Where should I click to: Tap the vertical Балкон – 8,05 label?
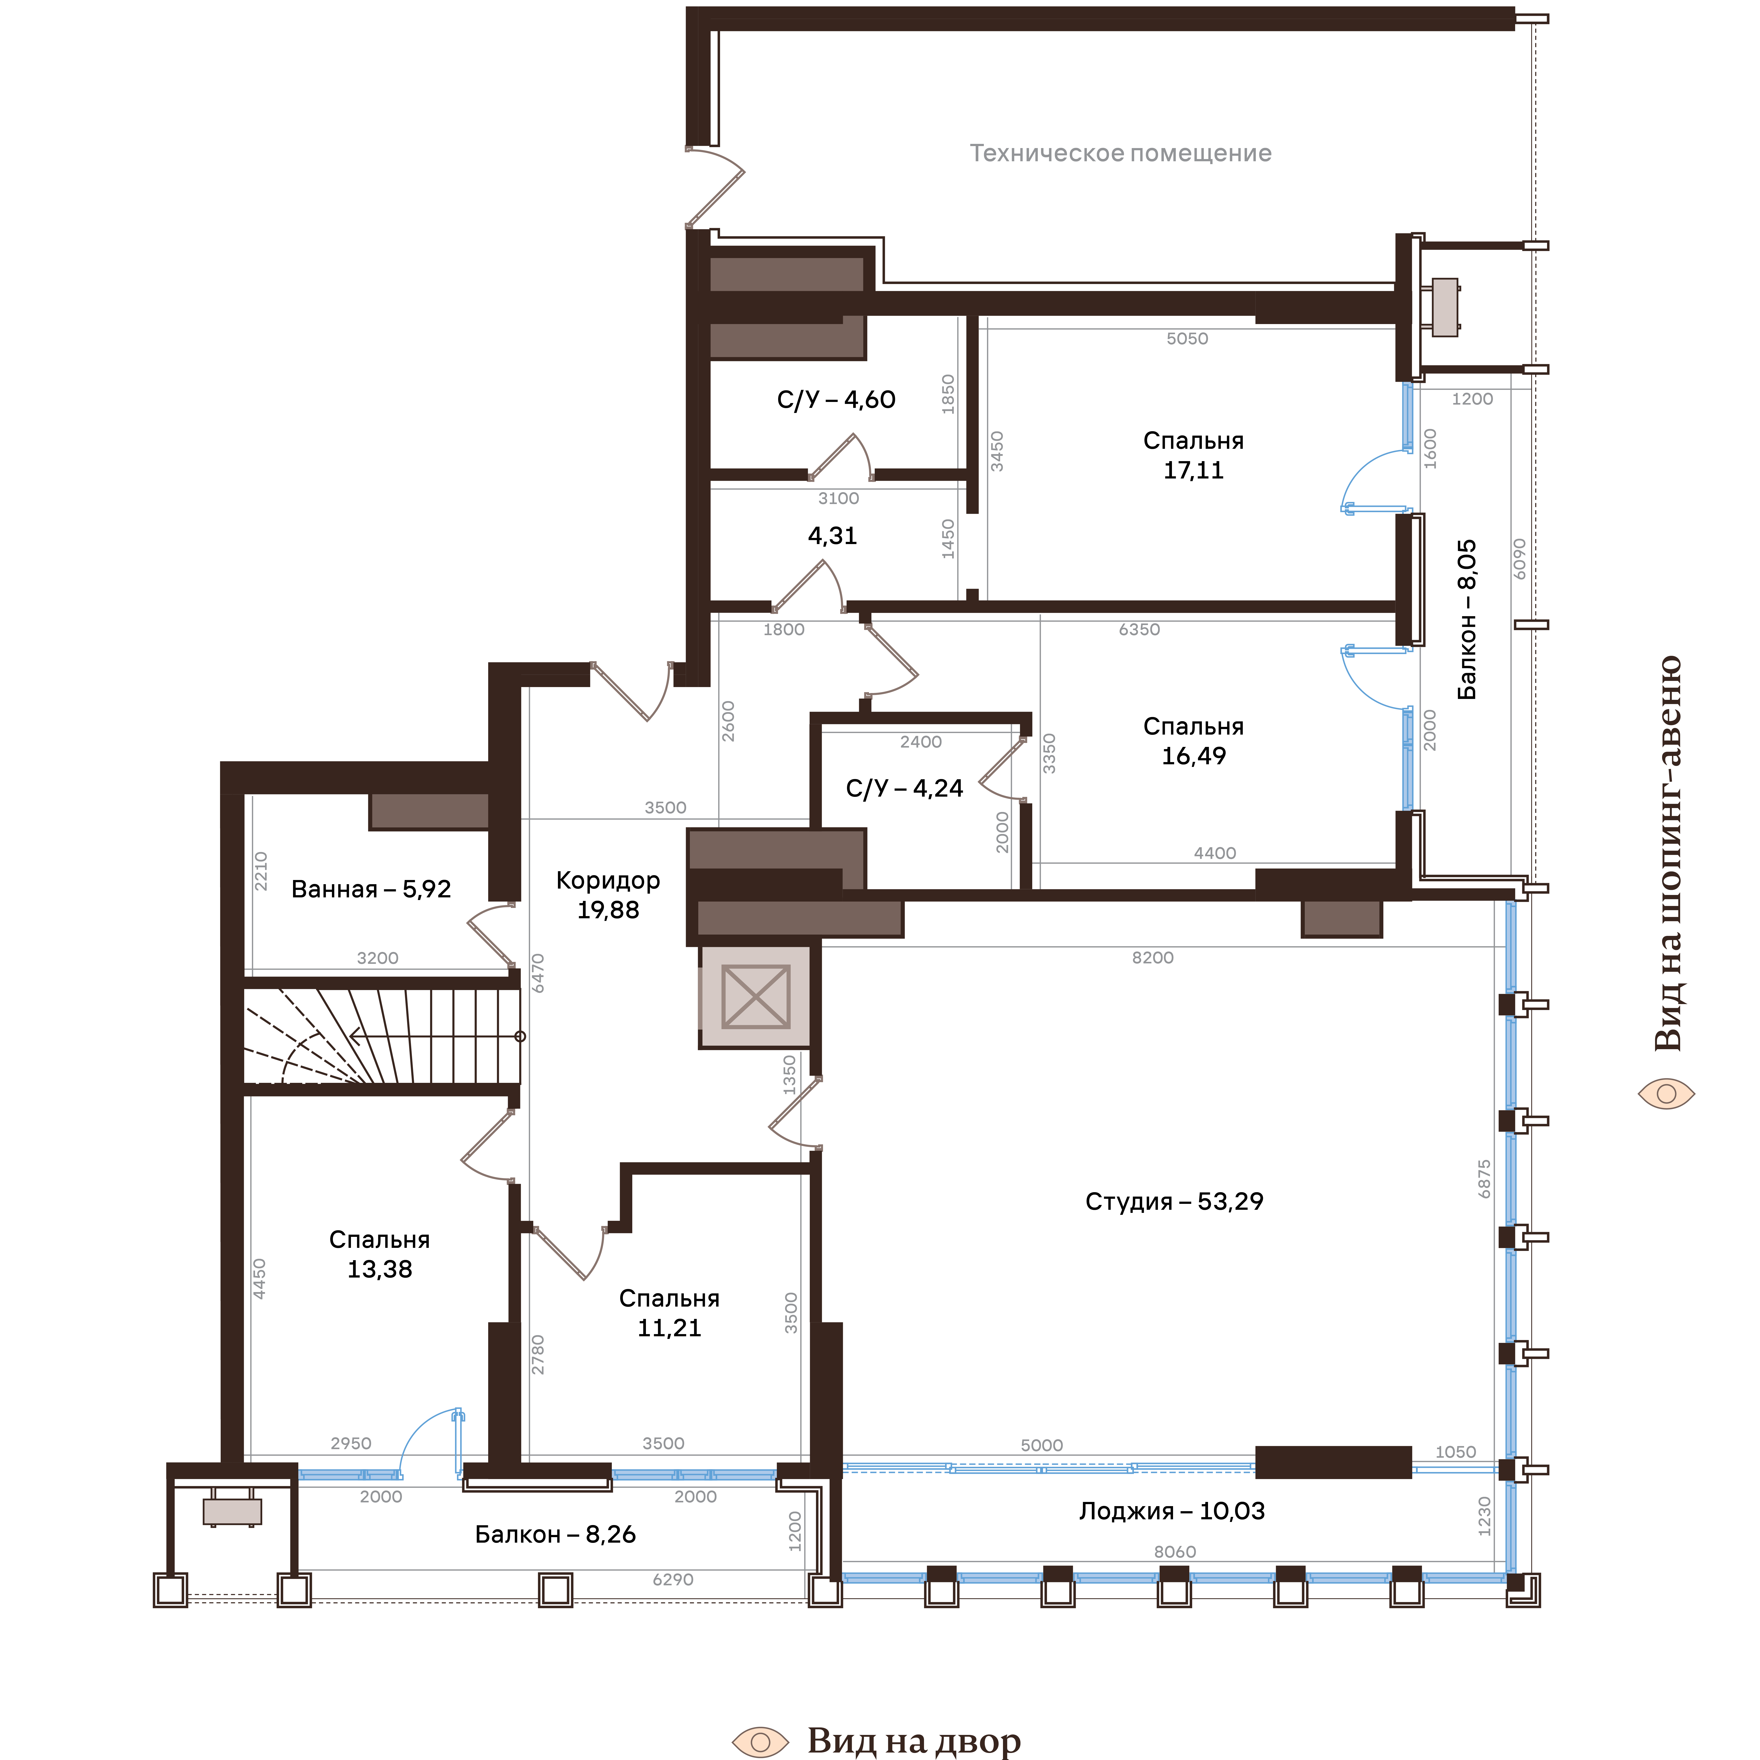point(1467,620)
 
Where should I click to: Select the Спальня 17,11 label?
point(1193,455)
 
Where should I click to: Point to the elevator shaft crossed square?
point(755,997)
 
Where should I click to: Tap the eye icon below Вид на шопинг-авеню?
point(1666,1093)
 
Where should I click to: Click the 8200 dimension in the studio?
point(1152,957)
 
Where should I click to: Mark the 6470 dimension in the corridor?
point(537,973)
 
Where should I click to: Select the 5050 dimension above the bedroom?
point(1187,339)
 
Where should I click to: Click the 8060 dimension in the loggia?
point(1174,1551)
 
